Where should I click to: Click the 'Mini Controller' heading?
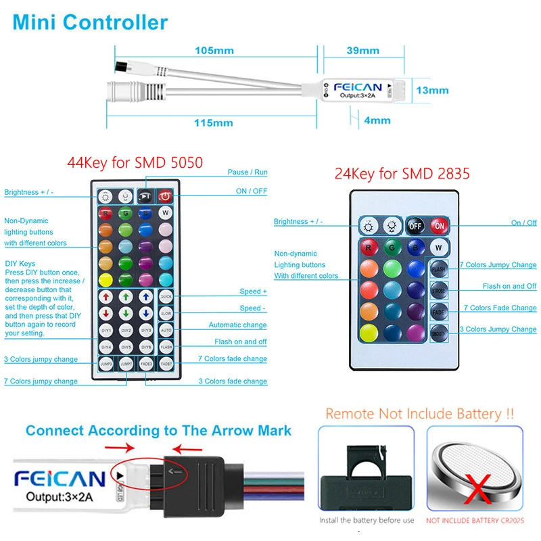[x=90, y=22]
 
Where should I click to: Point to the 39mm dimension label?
[x=363, y=51]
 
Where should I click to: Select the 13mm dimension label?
[x=432, y=90]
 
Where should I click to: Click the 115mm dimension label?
[x=213, y=123]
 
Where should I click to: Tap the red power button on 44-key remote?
[x=166, y=197]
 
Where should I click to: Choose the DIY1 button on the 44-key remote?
[x=106, y=330]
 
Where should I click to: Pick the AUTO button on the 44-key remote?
[x=166, y=330]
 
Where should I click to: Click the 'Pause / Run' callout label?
[x=247, y=172]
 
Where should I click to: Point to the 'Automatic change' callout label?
[x=237, y=325]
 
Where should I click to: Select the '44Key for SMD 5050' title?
[x=135, y=162]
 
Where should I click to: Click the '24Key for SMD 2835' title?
[x=402, y=174]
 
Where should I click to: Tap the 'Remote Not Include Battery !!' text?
[x=419, y=413]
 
